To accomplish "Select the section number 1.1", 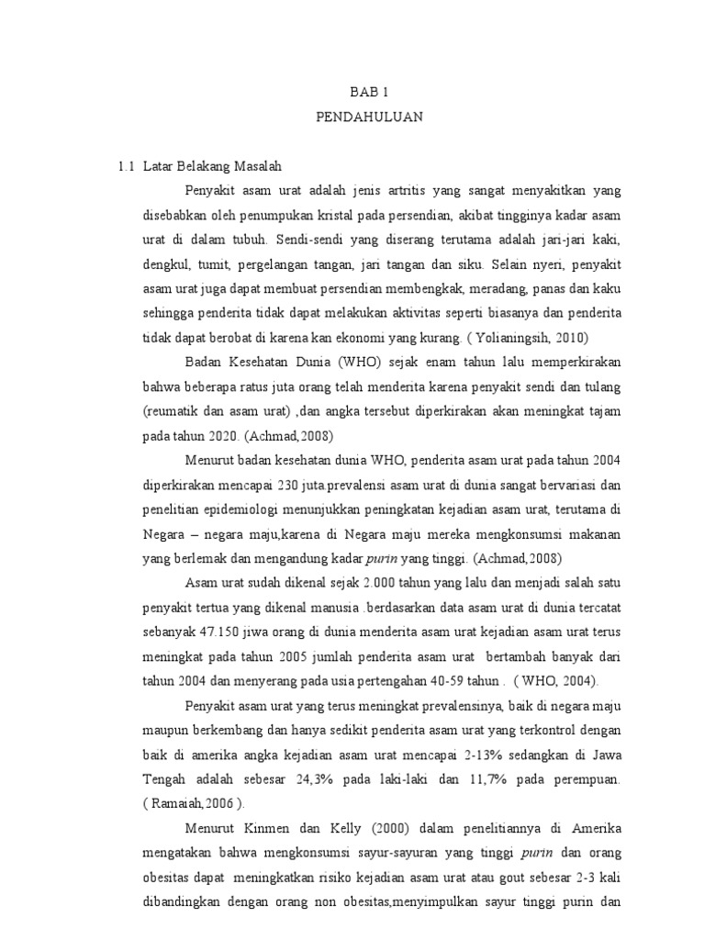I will point(126,166).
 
